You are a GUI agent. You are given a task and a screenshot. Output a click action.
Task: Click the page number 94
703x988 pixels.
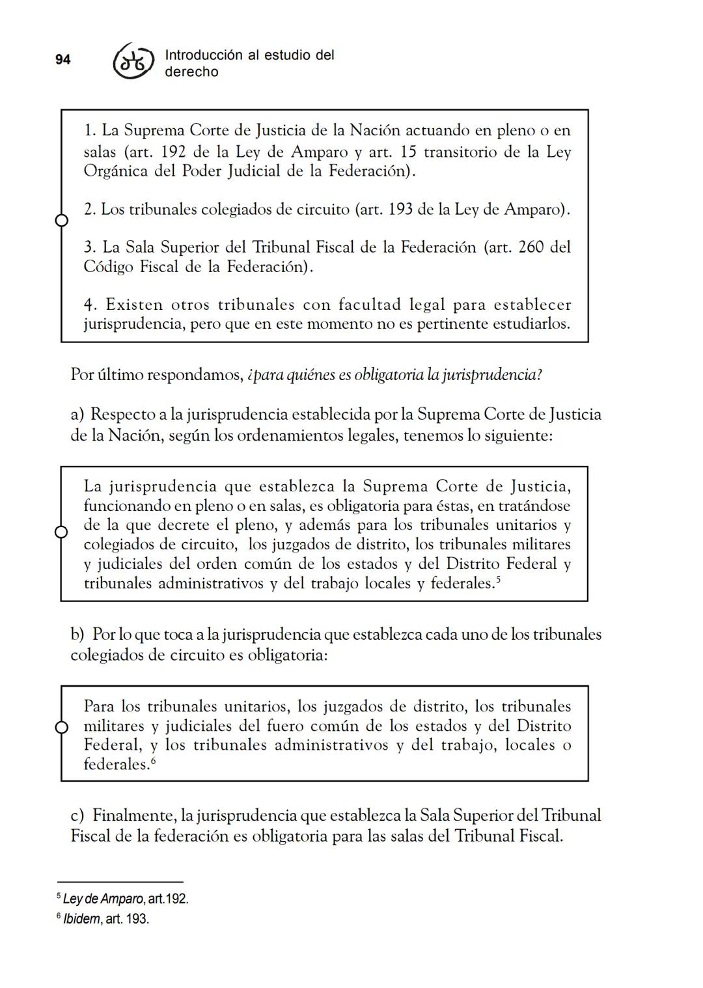tap(62, 60)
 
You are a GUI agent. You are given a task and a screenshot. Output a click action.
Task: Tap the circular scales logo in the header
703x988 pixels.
tap(133, 63)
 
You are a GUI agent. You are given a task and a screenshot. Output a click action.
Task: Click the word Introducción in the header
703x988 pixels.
tap(202, 55)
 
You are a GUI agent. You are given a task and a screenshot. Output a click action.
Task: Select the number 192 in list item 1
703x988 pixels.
tap(172, 152)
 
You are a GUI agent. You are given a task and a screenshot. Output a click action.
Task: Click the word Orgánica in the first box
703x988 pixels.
tap(115, 171)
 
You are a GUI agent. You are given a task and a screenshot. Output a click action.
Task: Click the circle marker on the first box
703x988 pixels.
tap(61, 221)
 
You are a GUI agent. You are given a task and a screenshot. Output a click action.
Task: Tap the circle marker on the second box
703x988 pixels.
tap(61, 532)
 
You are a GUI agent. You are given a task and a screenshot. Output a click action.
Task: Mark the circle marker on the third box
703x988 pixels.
tap(61, 727)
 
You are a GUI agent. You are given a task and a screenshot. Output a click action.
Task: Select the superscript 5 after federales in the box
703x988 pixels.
tap(498, 579)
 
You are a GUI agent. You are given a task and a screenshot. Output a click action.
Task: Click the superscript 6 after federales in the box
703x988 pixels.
tap(154, 760)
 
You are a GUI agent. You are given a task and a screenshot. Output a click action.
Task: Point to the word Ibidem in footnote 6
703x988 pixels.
tap(81, 920)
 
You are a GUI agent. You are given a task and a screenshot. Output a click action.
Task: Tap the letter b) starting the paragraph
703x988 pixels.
tap(77, 635)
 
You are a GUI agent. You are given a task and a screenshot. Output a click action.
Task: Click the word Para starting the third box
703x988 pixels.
tap(99, 707)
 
